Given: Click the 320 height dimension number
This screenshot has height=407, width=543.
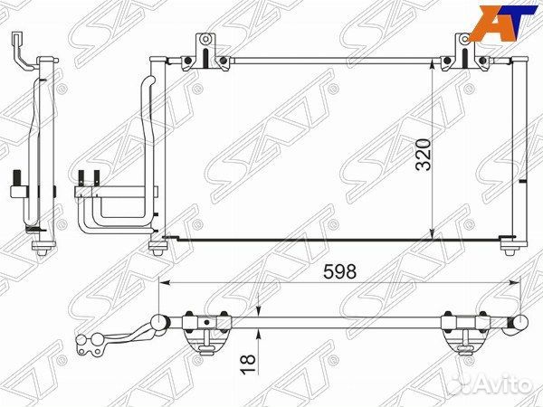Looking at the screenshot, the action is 424,155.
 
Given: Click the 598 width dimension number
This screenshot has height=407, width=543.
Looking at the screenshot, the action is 339,271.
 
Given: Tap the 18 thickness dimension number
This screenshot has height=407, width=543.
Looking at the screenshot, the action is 248,364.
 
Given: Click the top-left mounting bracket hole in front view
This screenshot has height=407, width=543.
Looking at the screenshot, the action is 205,39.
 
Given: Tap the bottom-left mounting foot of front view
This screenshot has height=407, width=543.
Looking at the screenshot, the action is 157,248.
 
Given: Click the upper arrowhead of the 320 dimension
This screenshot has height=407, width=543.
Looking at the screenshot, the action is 432,64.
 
